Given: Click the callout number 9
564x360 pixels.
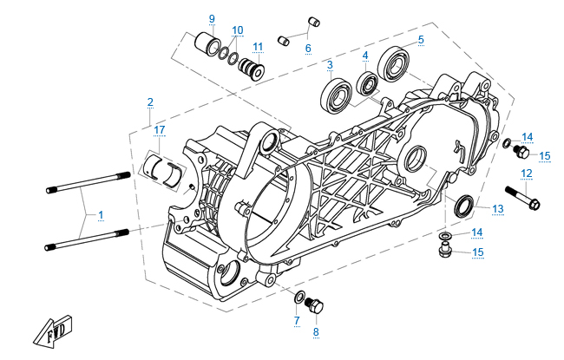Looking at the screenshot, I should [212, 18].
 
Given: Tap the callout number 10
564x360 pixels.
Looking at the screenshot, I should [238, 29].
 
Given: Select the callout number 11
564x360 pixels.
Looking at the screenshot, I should [258, 46].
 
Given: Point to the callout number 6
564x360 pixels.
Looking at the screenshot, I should [307, 49].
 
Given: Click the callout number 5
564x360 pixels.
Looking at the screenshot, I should [420, 39].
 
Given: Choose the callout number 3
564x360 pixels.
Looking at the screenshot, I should [329, 66].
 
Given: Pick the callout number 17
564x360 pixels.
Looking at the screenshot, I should [159, 130].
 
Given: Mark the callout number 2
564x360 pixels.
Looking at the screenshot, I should [150, 102].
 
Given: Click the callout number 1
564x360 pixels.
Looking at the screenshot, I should [100, 213].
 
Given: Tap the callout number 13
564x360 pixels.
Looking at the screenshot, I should [497, 209].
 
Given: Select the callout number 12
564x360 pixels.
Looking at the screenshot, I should [526, 173].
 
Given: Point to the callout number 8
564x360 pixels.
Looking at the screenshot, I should [316, 332].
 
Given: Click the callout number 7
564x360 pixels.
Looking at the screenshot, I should [296, 321].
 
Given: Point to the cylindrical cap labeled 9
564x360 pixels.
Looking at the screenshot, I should [207, 43].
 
